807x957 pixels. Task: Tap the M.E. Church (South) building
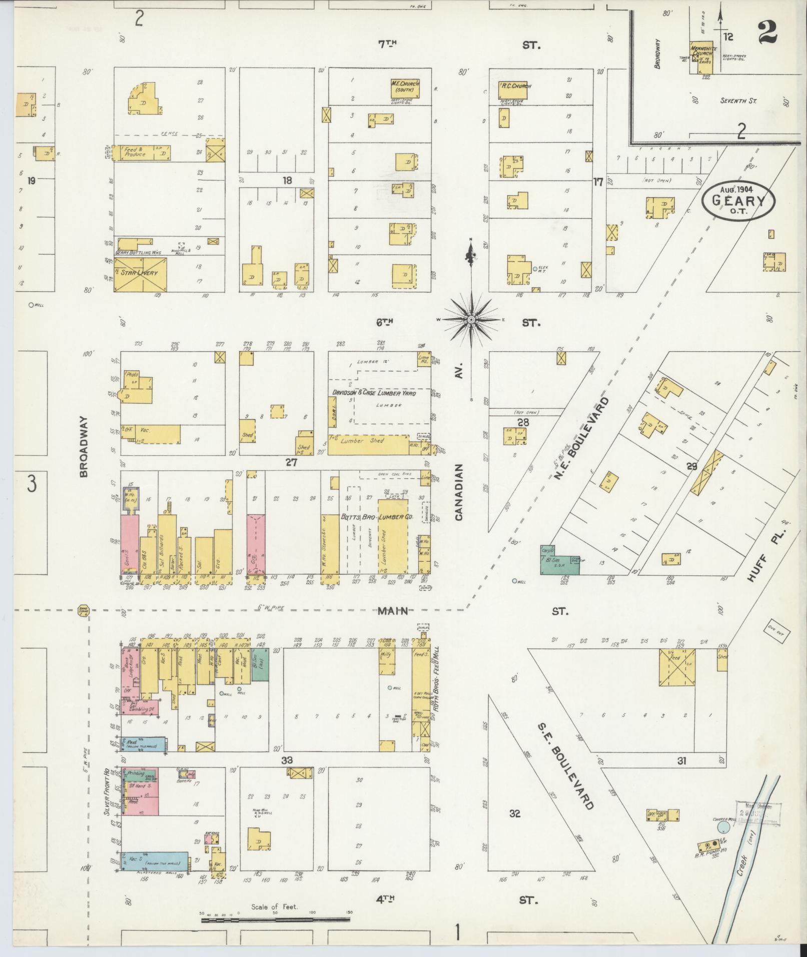(x=405, y=88)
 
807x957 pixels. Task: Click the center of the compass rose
(x=471, y=319)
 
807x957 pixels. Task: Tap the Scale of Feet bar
(x=275, y=919)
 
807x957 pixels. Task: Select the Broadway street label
(x=84, y=446)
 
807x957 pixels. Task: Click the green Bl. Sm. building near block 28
(x=559, y=563)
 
